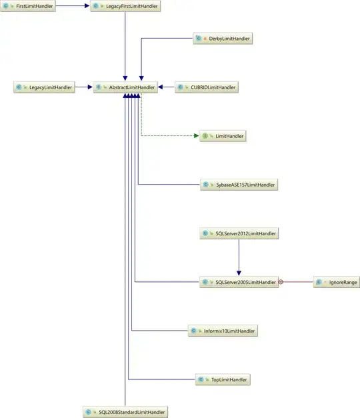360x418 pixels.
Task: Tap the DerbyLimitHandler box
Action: pyautogui.click(x=223, y=39)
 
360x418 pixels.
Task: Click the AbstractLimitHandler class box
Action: pyautogui.click(x=125, y=87)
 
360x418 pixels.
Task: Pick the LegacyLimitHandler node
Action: pyautogui.click(x=43, y=87)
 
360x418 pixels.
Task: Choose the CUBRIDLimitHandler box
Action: pyautogui.click(x=206, y=87)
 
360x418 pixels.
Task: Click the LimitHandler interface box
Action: pyautogui.click(x=223, y=136)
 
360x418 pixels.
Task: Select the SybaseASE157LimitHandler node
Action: pyautogui.click(x=238, y=185)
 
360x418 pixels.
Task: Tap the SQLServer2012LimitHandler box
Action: pyautogui.click(x=238, y=233)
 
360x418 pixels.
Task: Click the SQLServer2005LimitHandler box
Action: pyautogui.click(x=238, y=282)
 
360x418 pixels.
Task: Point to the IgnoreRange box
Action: pyautogui.click(x=337, y=282)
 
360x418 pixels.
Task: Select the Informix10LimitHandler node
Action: pyautogui.click(x=221, y=331)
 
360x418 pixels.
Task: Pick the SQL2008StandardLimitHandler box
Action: pyautogui.click(x=125, y=413)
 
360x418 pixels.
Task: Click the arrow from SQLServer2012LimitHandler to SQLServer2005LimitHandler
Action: pyautogui.click(x=238, y=257)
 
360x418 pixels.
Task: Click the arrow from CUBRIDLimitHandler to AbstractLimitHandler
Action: pyautogui.click(x=167, y=87)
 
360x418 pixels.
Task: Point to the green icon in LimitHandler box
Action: pyautogui.click(x=206, y=136)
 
